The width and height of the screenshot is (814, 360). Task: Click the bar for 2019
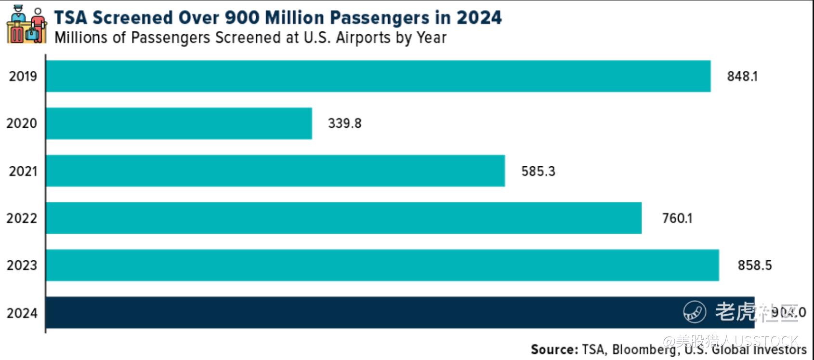tap(378, 76)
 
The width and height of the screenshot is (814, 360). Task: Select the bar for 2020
tap(179, 123)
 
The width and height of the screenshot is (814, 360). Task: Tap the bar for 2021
tap(276, 171)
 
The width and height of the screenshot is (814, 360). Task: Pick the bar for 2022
tap(344, 218)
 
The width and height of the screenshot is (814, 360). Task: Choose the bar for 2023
tap(382, 265)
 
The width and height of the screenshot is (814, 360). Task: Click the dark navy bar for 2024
tap(400, 313)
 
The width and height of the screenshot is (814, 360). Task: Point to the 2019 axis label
tap(23, 76)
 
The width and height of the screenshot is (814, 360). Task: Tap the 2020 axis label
tap(22, 123)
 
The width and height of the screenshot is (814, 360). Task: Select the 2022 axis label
tap(22, 218)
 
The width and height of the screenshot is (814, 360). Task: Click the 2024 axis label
tap(22, 313)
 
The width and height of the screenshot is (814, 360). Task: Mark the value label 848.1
tap(742, 76)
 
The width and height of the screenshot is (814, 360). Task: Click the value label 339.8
tap(345, 123)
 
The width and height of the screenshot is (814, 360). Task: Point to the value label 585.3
tap(538, 171)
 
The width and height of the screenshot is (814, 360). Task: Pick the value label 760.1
tap(677, 218)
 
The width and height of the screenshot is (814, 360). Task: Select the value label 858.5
tap(755, 265)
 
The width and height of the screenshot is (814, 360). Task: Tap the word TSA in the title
tap(70, 18)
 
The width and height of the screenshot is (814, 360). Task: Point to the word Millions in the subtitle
tap(81, 38)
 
